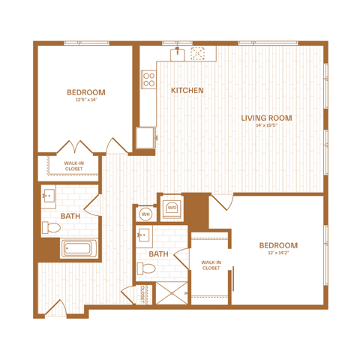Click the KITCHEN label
coord(187,90)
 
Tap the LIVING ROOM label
coord(266,118)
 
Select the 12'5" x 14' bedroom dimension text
coord(86,100)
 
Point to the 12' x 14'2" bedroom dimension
coord(278,253)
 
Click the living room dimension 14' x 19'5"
coord(266,125)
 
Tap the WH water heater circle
coord(145,214)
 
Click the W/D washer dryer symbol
coord(172,208)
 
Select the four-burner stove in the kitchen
coord(149,79)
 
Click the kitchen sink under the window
coord(178,54)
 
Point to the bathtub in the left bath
coord(79,248)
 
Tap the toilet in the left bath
coord(51,227)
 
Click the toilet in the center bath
coord(146,268)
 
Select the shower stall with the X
coord(172,293)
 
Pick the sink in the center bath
coord(144,235)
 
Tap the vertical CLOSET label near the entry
coord(142,294)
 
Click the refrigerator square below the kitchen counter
coord(146,138)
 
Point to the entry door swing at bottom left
coord(56,308)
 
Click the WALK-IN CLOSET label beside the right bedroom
coord(211,265)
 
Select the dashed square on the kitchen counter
coord(198,53)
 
